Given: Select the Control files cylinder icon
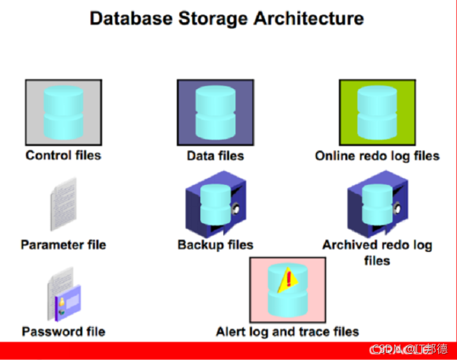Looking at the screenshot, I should click(x=63, y=112).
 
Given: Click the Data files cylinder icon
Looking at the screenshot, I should click(x=215, y=113).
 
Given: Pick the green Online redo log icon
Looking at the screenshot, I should click(x=377, y=112).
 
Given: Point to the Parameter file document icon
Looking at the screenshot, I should click(x=62, y=204).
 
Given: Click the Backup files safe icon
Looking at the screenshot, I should click(x=215, y=203).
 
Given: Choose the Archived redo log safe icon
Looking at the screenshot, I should click(x=376, y=203).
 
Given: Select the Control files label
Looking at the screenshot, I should click(x=63, y=155).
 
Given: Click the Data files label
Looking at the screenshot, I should click(x=215, y=156).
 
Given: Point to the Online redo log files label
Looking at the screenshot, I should click(x=377, y=156).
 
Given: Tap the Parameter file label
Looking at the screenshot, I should click(x=63, y=244).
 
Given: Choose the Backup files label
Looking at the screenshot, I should click(x=215, y=244).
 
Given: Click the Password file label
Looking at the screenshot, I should click(x=63, y=331).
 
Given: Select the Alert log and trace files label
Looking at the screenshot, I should click(x=287, y=331).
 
